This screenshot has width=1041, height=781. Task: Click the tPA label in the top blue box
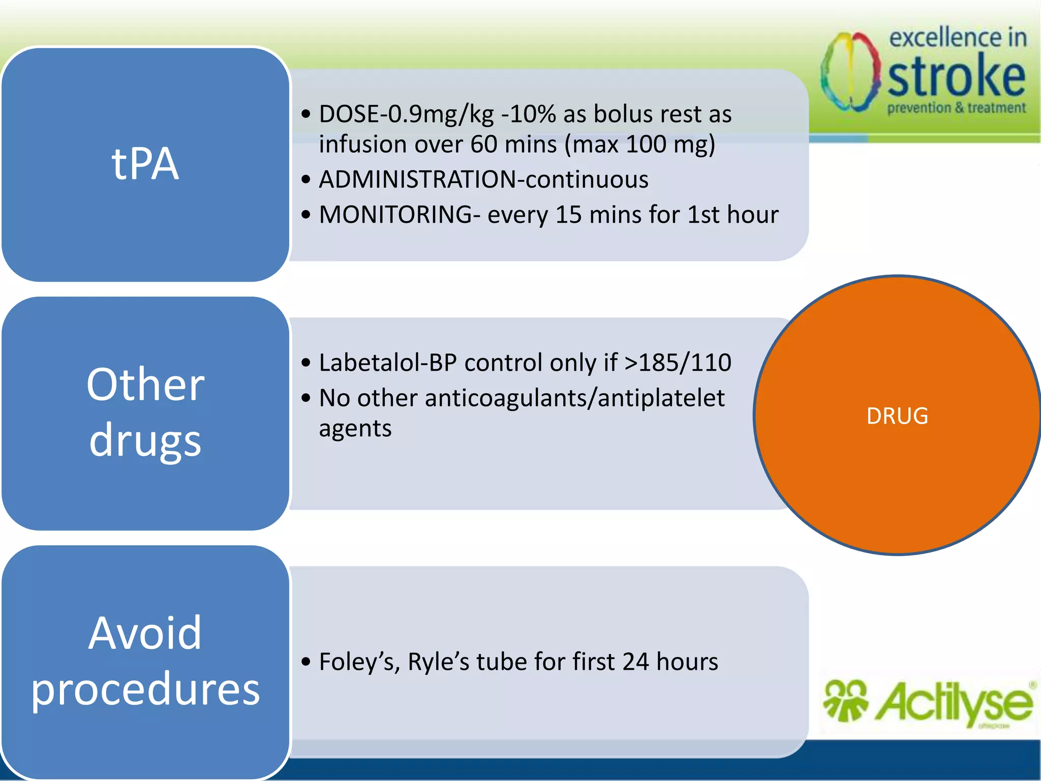coord(145,164)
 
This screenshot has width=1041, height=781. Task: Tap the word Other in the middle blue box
coord(145,384)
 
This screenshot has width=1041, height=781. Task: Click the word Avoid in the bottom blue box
coord(145,633)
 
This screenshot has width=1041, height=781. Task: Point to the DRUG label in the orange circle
coord(897,416)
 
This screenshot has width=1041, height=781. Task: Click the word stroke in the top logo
coord(956,76)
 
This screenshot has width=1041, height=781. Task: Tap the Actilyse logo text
coord(953,703)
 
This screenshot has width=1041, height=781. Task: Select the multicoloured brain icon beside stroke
coord(850,72)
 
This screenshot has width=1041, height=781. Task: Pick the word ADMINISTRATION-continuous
coord(483,179)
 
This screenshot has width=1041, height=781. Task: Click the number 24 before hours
coord(635,662)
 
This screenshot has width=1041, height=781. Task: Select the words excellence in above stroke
coord(958,38)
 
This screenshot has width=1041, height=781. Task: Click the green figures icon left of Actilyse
coord(845,701)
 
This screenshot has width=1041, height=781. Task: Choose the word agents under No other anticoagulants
coord(355,429)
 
